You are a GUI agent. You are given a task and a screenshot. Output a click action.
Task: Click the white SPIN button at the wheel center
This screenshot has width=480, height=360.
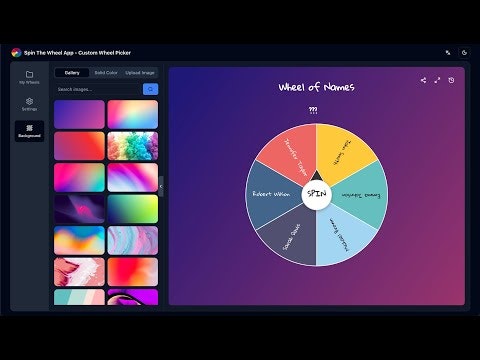(316, 193)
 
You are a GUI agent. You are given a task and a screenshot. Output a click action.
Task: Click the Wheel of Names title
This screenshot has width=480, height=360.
(316, 87)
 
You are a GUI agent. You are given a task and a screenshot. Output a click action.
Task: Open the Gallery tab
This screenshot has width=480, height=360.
(72, 73)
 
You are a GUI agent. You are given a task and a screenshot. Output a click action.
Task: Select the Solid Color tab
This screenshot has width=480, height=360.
(105, 73)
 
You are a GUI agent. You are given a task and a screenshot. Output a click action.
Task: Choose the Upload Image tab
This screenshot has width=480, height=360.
(140, 73)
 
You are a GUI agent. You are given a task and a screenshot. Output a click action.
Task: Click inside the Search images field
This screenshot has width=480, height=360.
(96, 89)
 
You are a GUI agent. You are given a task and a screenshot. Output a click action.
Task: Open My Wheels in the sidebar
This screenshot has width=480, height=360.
(30, 77)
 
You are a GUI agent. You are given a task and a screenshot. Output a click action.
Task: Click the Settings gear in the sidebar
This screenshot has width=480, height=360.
(30, 104)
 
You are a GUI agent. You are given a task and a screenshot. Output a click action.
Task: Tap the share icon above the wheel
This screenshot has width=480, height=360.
(423, 80)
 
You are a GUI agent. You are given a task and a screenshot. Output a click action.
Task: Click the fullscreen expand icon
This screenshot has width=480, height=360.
(437, 80)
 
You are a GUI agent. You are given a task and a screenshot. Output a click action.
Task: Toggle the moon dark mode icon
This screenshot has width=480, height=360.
(464, 52)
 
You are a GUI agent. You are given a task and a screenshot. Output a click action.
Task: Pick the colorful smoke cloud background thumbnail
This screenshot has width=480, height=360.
(133, 146)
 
